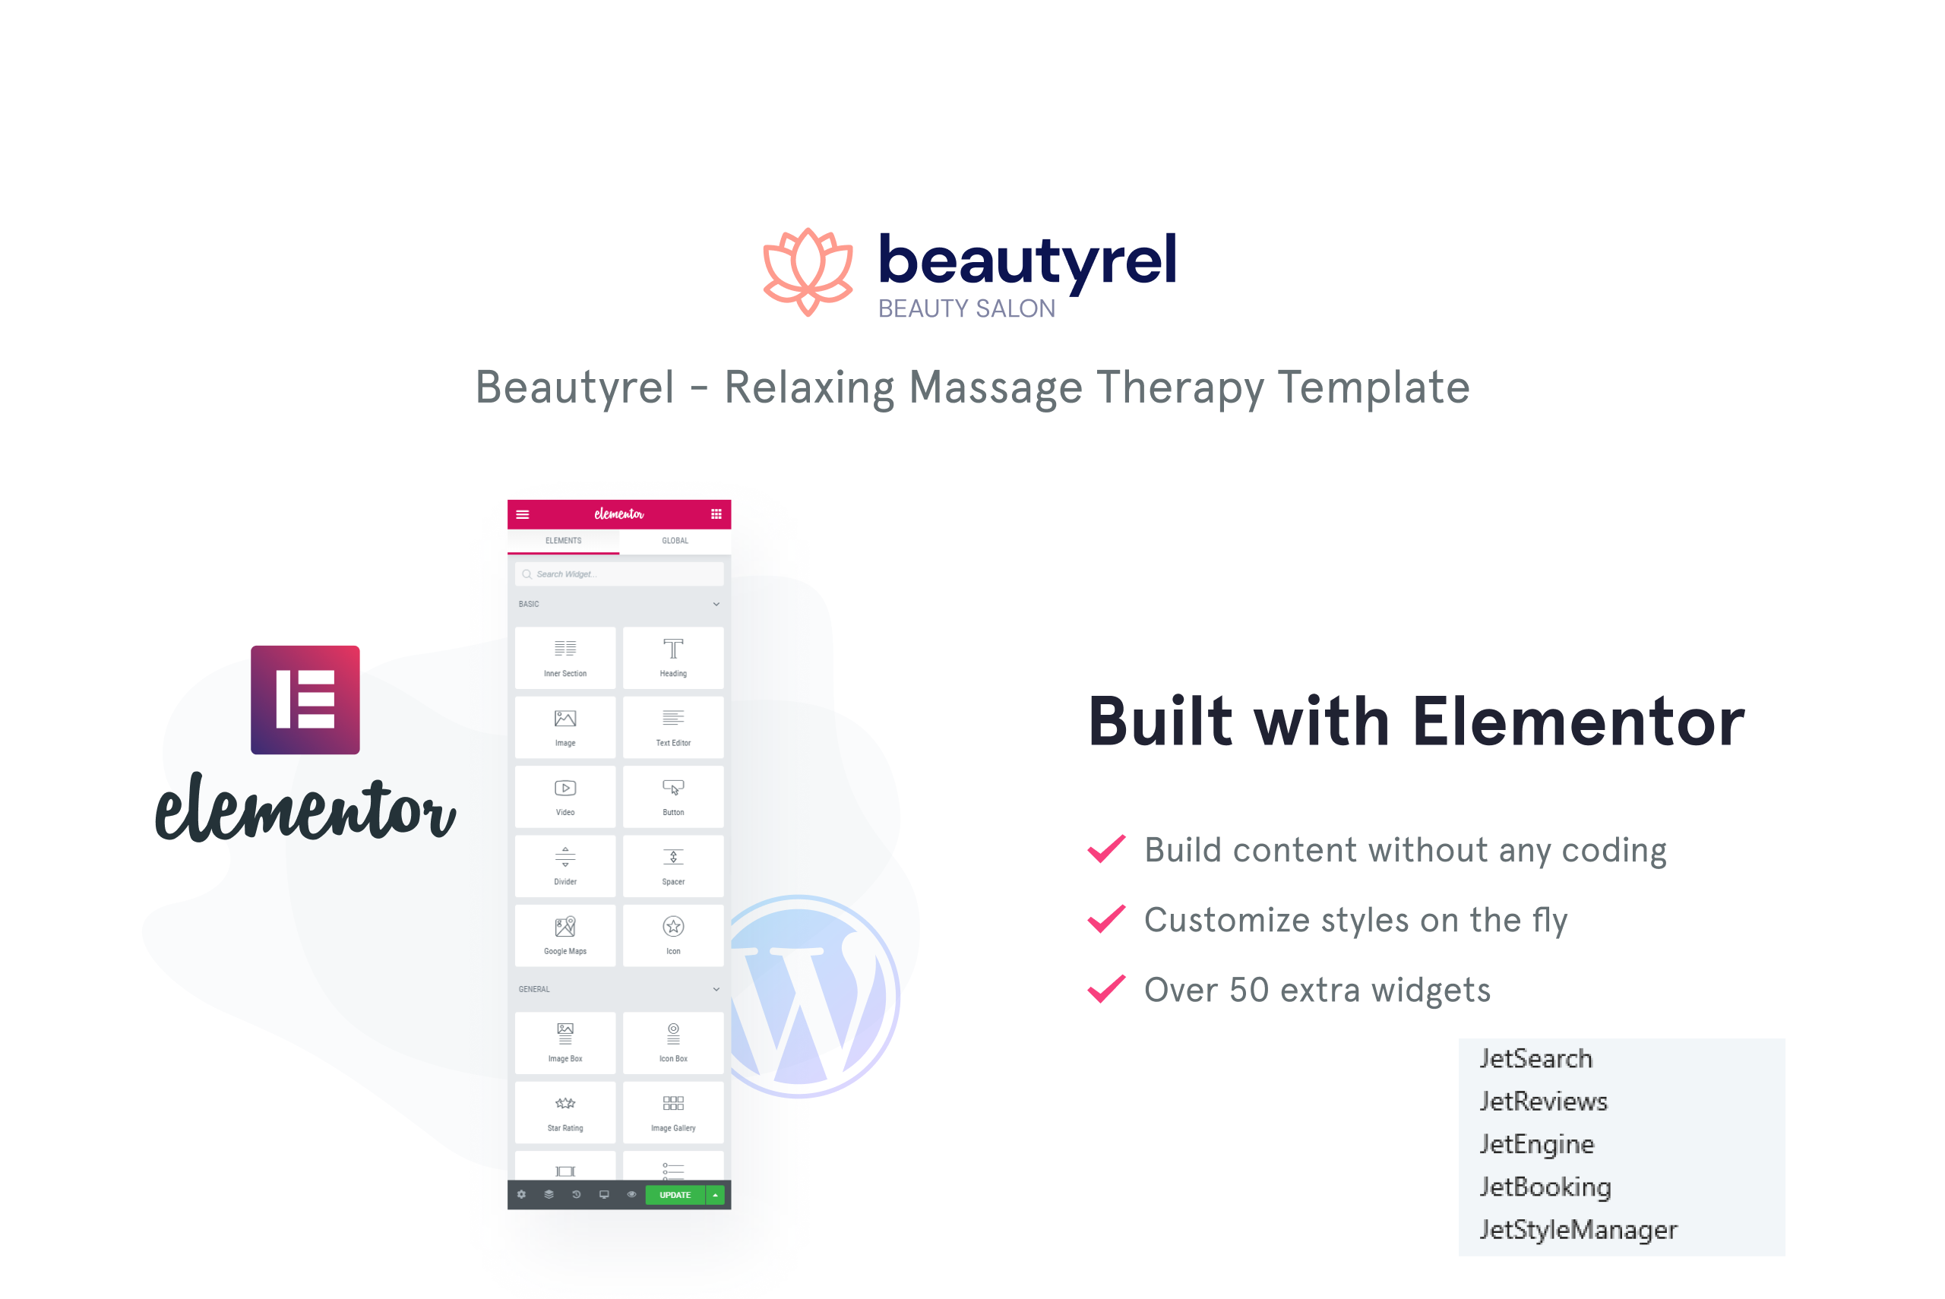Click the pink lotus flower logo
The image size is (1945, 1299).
click(808, 272)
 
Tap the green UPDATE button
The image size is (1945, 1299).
click(675, 1195)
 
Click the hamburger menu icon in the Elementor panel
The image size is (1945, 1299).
click(523, 514)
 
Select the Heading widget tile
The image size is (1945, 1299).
click(672, 658)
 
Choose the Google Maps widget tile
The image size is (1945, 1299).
click(565, 935)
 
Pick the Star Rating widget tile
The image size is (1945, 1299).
click(565, 1112)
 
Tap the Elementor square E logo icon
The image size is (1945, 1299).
click(305, 700)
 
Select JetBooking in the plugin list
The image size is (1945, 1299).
click(1545, 1188)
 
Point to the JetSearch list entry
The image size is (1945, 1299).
click(1535, 1059)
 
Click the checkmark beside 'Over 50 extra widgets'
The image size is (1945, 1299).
click(1107, 988)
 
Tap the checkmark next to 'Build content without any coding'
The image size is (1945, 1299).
click(1107, 849)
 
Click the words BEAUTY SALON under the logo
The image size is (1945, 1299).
click(966, 308)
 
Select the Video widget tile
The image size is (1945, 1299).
click(565, 796)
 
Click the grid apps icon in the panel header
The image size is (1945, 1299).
click(716, 514)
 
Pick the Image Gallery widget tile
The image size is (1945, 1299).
click(672, 1112)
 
